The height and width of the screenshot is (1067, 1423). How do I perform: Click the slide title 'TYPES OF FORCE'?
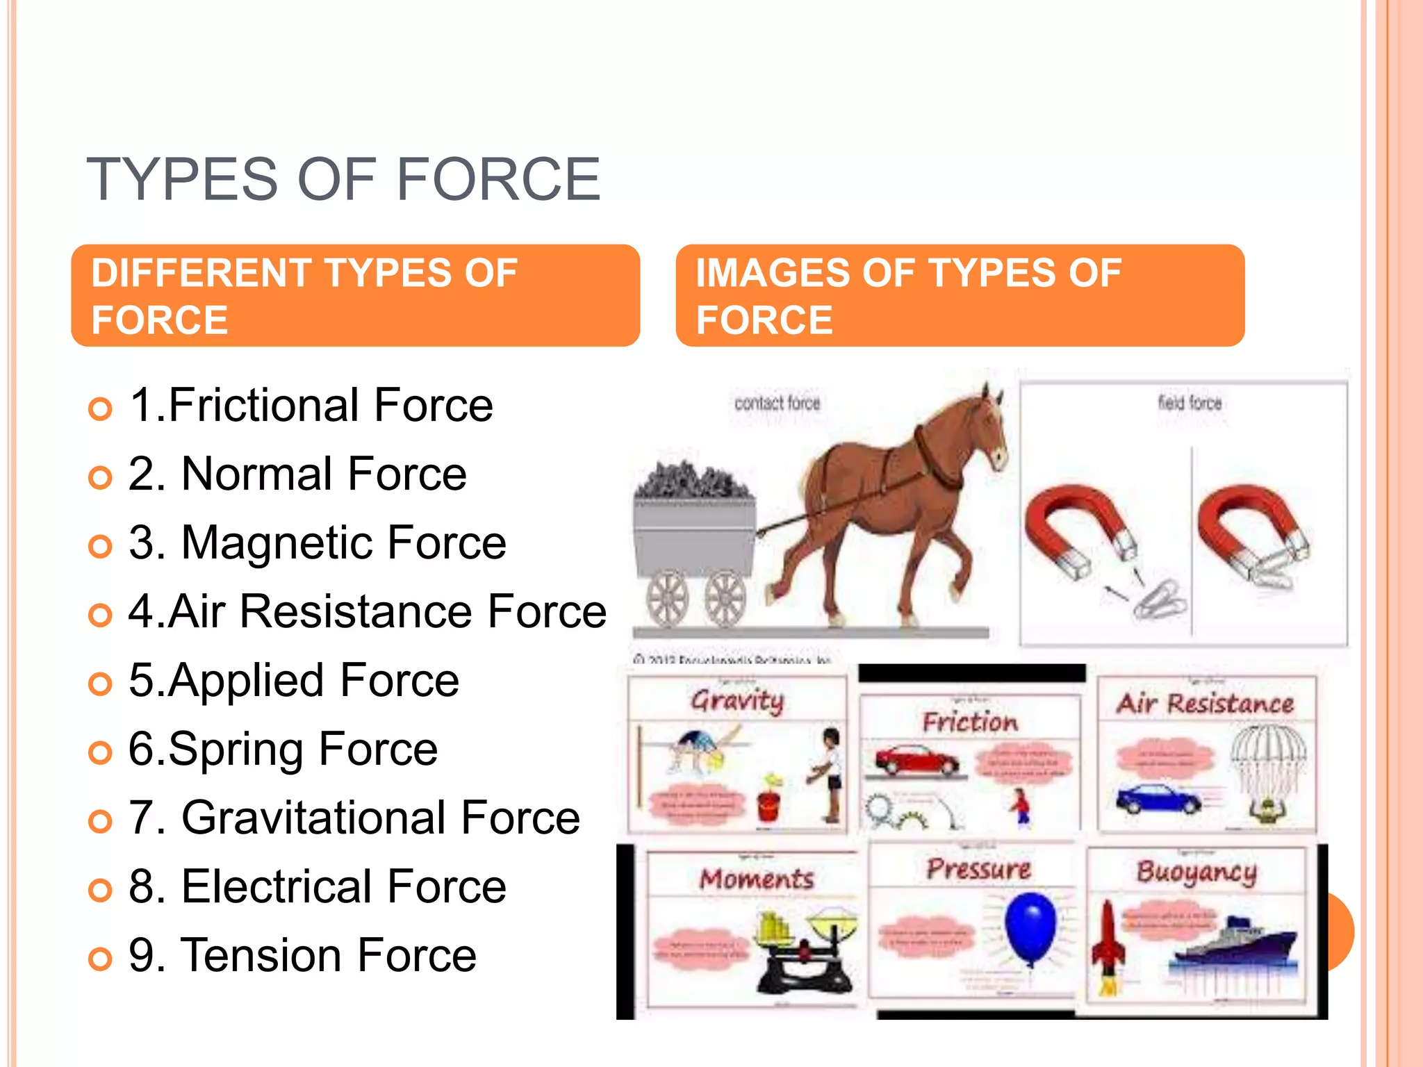(343, 180)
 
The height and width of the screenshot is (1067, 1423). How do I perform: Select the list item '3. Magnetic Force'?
(318, 543)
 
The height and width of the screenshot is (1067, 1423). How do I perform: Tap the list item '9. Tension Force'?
(302, 955)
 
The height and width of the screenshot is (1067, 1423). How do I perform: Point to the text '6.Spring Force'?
(283, 750)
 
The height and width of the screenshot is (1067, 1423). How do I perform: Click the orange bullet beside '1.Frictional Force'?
(101, 408)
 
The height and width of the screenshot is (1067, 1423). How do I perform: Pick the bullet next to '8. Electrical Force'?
(101, 890)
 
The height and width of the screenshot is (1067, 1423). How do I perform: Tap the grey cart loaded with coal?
(695, 535)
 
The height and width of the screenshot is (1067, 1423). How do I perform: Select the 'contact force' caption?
(777, 404)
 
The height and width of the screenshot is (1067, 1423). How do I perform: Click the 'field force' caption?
(1190, 403)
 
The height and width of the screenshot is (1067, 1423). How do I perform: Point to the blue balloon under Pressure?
(1030, 927)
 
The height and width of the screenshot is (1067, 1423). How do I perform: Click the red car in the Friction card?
(916, 761)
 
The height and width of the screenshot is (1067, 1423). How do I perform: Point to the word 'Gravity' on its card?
(737, 701)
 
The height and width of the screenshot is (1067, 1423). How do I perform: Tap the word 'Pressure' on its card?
(978, 869)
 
